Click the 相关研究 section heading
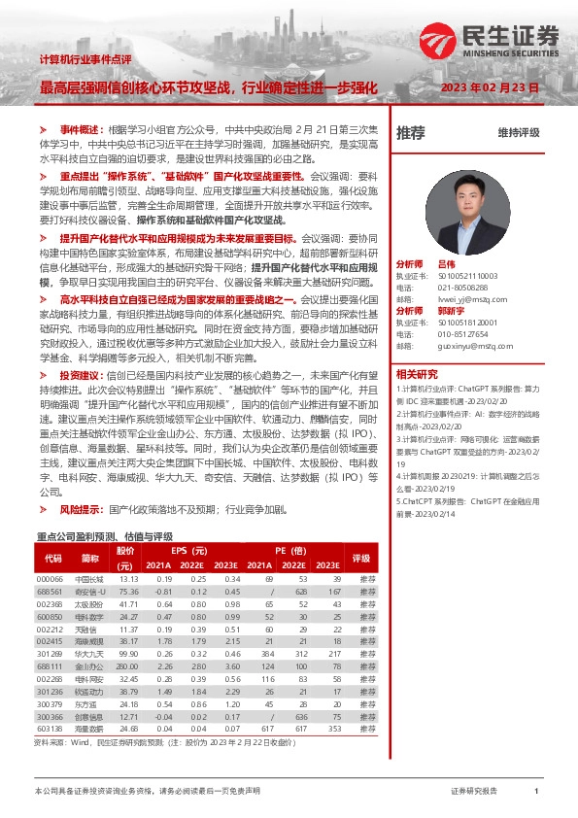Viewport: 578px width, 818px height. [x=417, y=401]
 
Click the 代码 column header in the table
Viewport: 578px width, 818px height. [x=53, y=559]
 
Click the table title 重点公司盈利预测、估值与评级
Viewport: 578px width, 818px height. [x=104, y=536]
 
